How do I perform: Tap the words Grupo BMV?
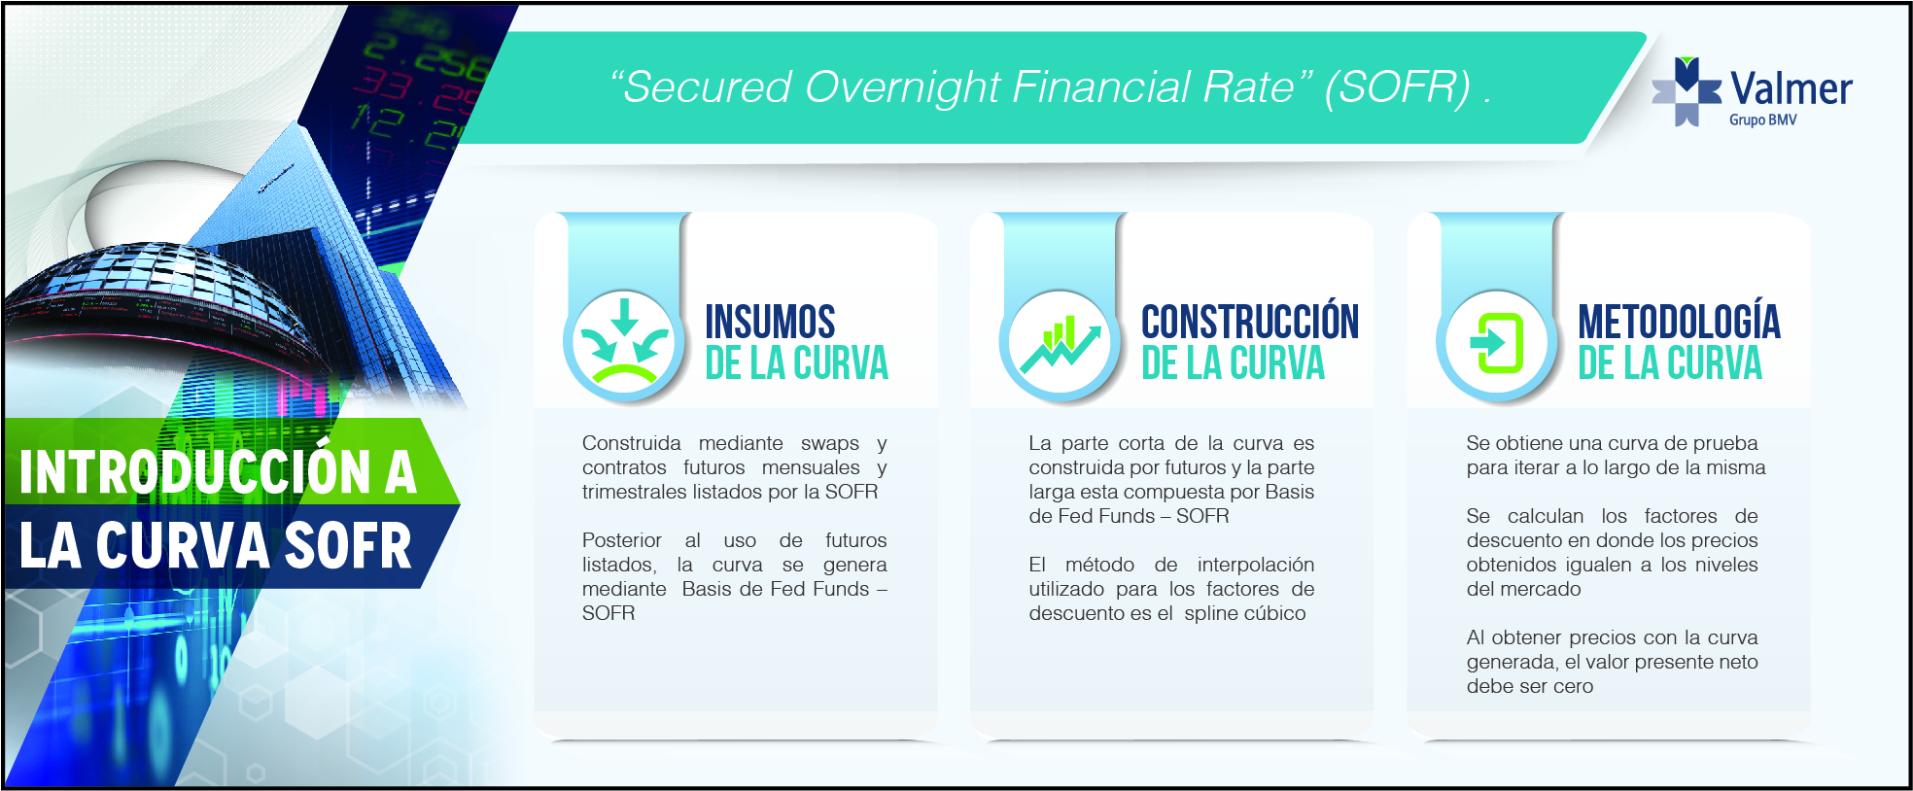pyautogui.click(x=1762, y=120)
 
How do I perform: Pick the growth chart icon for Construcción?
pyautogui.click(x=1061, y=345)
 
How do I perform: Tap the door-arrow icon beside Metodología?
pyautogui.click(x=1497, y=343)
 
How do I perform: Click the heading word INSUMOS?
pyautogui.click(x=770, y=322)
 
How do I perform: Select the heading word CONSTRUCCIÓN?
pyautogui.click(x=1250, y=321)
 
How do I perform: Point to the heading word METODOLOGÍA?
pyautogui.click(x=1679, y=321)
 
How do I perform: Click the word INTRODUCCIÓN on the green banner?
pyautogui.click(x=195, y=471)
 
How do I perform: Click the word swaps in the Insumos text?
pyautogui.click(x=830, y=444)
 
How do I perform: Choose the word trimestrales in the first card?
pyautogui.click(x=634, y=492)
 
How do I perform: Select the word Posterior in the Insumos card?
pyautogui.click(x=621, y=540)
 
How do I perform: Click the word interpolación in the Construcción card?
pyautogui.click(x=1256, y=566)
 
